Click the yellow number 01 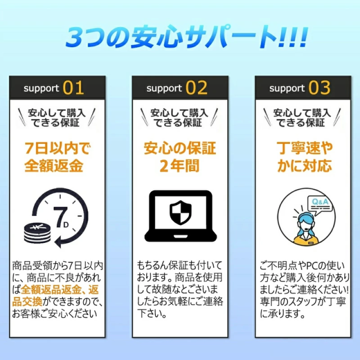73,88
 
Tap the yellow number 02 196,88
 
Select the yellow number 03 319,88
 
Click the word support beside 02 164,88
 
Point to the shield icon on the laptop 181,213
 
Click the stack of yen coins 37,233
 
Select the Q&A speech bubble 320,205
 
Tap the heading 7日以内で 57,148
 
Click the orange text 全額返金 54,165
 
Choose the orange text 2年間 179,166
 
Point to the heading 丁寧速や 304,148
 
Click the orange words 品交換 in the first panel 27,301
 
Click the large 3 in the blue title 76,38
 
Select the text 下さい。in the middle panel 152,313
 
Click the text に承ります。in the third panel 282,313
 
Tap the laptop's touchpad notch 181,236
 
